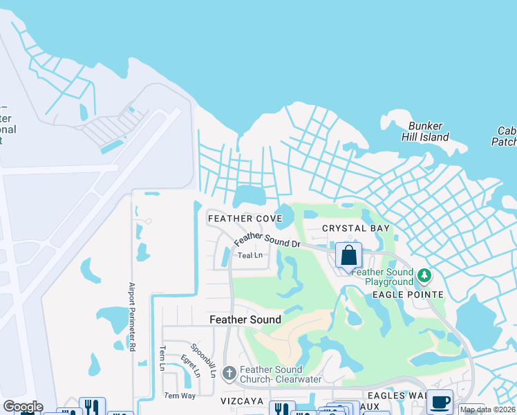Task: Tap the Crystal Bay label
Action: coord(356,228)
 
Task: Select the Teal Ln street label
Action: coord(250,255)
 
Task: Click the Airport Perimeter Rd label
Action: coord(131,316)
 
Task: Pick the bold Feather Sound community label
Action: coord(245,320)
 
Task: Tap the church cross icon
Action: coord(230,372)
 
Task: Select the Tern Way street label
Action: coord(179,396)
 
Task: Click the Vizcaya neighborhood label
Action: coord(242,401)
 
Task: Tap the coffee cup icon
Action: coord(440,402)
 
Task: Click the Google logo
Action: coord(22,407)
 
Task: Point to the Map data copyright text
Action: coord(488,409)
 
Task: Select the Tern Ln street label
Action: coord(163,358)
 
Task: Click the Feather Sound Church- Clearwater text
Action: coord(272,374)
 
